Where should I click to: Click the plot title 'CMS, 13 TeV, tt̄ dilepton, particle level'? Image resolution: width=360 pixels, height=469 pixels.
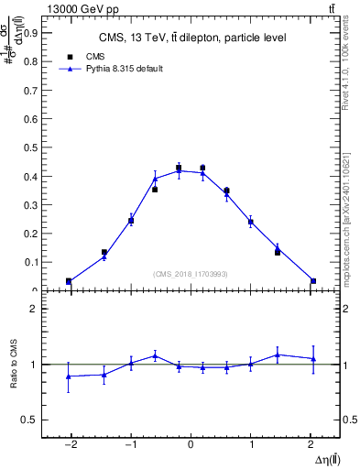click(x=193, y=38)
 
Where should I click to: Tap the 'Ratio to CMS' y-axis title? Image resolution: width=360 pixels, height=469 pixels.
click(x=14, y=364)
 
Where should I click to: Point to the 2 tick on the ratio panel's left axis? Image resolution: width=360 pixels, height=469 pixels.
click(x=34, y=309)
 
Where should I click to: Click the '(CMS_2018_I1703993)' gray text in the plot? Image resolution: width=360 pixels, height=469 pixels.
click(x=191, y=273)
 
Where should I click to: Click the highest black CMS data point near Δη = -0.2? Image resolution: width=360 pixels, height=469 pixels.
click(x=179, y=168)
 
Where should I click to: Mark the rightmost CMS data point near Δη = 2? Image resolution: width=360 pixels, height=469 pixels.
click(x=313, y=281)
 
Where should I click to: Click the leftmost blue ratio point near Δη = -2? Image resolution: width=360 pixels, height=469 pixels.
click(x=69, y=376)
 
